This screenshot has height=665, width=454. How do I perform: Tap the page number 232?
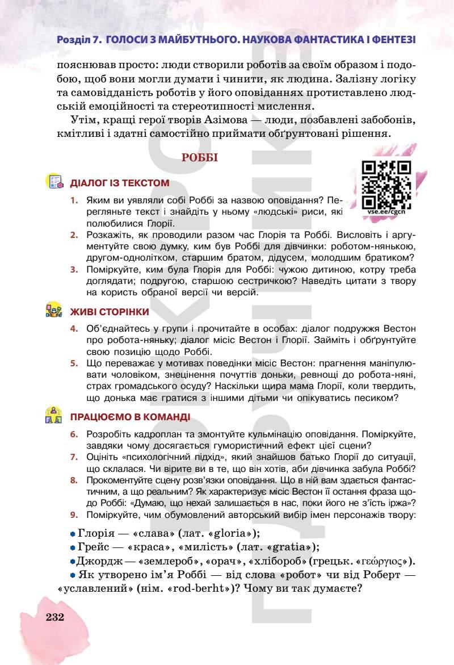(55, 617)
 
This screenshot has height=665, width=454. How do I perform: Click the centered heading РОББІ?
(200, 158)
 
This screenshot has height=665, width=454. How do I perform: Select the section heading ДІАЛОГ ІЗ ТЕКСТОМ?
(120, 183)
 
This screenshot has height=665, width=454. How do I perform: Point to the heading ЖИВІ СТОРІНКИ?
(110, 312)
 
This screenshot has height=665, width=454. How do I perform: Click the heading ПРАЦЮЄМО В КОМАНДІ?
(130, 417)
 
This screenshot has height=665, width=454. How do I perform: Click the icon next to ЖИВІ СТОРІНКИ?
(53, 311)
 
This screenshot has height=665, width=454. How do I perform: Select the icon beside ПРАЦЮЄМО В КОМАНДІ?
(53, 416)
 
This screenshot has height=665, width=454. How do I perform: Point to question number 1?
(74, 200)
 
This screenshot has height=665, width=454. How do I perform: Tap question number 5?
(74, 362)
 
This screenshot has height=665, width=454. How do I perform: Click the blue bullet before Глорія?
(72, 534)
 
